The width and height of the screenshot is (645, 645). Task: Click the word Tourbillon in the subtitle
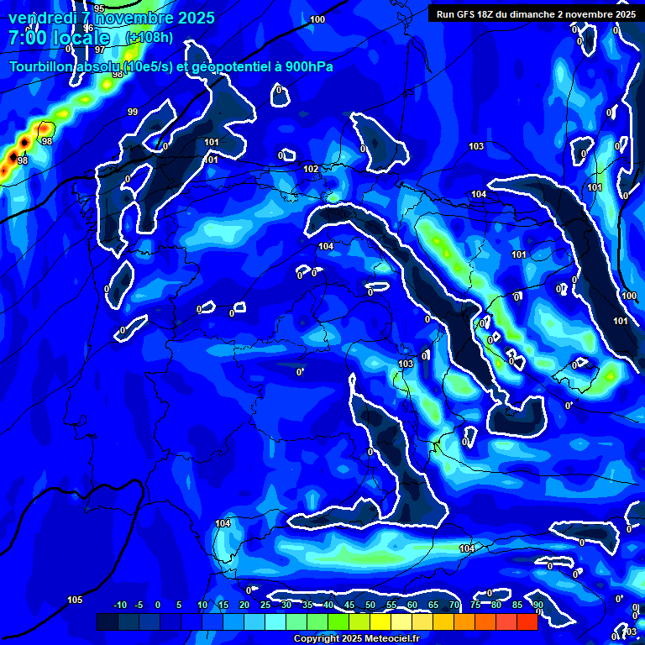(x=40, y=66)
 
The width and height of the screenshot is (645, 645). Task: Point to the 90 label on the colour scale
(x=537, y=605)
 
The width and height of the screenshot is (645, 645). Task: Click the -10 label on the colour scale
(x=119, y=605)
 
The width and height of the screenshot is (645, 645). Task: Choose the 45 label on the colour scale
(x=349, y=605)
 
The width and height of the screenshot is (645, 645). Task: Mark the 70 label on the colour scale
(x=454, y=605)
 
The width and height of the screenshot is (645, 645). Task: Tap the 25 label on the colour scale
(x=265, y=605)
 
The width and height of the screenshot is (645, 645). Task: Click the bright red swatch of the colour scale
(x=527, y=621)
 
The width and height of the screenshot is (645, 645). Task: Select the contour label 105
(x=75, y=600)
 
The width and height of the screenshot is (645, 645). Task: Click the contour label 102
(x=311, y=169)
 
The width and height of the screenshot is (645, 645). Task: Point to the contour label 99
(x=133, y=112)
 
